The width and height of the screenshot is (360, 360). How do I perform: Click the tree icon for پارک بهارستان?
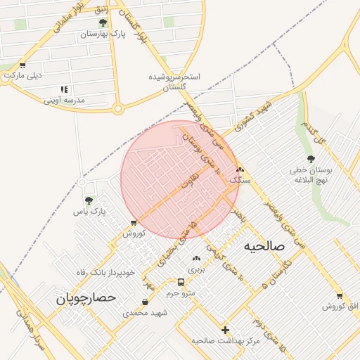[103, 23]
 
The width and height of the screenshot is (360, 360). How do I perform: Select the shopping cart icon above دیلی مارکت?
[22, 65]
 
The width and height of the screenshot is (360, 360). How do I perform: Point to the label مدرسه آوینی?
[64, 100]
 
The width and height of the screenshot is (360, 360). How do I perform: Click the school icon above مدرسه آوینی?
[64, 90]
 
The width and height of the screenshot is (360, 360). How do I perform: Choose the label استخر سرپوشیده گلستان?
[175, 82]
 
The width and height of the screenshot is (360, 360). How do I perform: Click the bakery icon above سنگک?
[240, 170]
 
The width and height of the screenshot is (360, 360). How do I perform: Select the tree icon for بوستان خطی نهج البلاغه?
[311, 160]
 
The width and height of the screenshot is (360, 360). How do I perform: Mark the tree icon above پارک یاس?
[88, 201]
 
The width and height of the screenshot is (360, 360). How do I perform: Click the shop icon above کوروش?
[134, 224]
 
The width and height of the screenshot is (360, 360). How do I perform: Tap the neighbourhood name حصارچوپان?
[85, 298]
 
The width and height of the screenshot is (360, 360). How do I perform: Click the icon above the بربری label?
[195, 259]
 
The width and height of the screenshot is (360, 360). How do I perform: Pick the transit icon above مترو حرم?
[181, 283]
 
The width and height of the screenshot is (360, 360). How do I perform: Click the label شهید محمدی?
[145, 312]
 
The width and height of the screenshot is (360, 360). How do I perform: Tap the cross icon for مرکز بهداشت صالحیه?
[225, 330]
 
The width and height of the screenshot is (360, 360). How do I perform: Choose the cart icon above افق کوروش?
[340, 296]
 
